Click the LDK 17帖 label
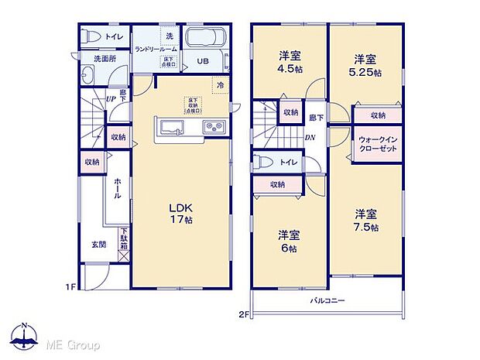click(x=182, y=214)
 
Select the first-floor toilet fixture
click(x=89, y=36)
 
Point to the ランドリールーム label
click(x=156, y=49)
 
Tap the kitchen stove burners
click(x=213, y=126)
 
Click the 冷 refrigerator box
click(x=220, y=85)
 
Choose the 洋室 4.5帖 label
click(x=290, y=61)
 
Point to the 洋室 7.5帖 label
click(x=366, y=220)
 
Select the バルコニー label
click(x=328, y=300)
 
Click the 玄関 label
click(x=99, y=245)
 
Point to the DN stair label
click(x=309, y=139)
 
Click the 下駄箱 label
click(x=123, y=239)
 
